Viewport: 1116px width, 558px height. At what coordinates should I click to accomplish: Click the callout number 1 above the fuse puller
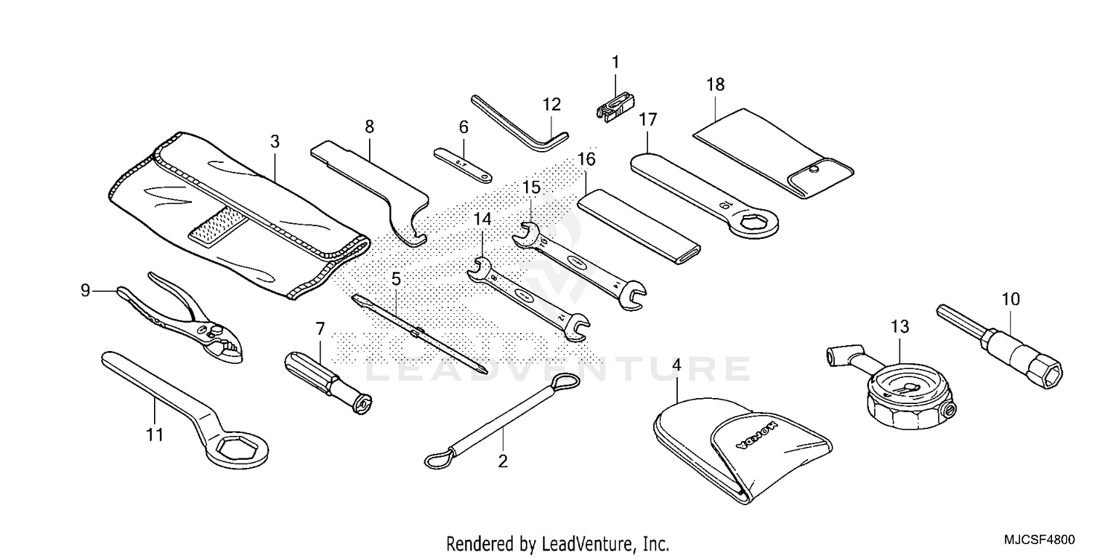click(615, 63)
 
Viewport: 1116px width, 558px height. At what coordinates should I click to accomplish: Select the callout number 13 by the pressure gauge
click(899, 326)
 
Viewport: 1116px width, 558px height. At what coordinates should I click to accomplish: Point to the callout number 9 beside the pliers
click(85, 289)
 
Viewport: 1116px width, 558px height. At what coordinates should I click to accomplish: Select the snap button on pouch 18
click(815, 170)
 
